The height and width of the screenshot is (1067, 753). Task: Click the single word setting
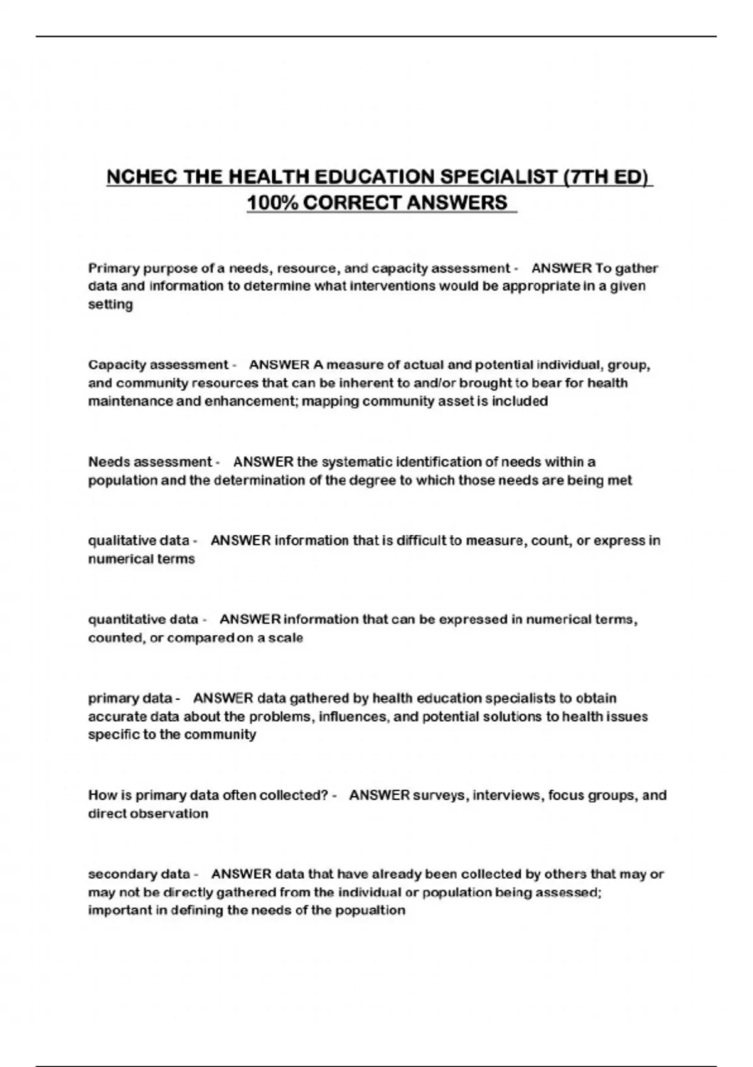[110, 305]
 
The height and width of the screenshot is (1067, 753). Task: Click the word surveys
[439, 795]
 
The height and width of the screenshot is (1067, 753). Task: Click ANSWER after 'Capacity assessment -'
[279, 365]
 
